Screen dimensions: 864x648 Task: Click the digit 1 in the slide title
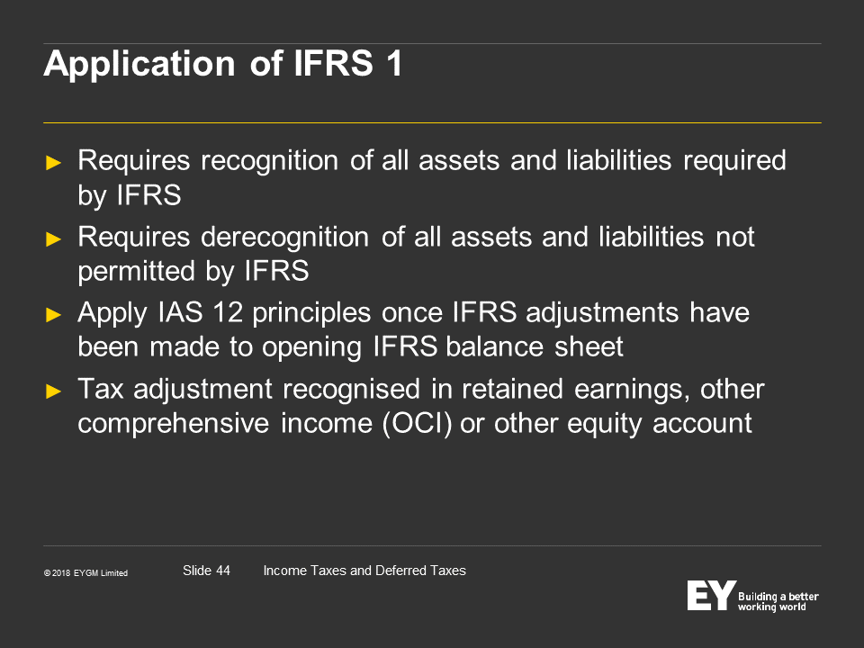394,63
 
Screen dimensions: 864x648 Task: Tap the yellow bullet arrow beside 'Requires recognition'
53,163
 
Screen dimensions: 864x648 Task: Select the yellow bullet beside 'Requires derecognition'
53,239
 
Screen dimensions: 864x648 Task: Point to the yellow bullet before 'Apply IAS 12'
53,315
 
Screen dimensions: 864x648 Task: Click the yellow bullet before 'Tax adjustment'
53,391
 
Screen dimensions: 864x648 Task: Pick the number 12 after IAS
228,313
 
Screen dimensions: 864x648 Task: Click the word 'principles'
311,314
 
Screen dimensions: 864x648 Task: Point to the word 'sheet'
589,347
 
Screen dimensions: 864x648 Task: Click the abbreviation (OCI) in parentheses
418,424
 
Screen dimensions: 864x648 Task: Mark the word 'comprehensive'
173,424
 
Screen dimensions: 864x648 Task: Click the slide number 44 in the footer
223,571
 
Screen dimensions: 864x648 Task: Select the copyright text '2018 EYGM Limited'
90,573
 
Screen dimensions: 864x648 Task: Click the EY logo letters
711,595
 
